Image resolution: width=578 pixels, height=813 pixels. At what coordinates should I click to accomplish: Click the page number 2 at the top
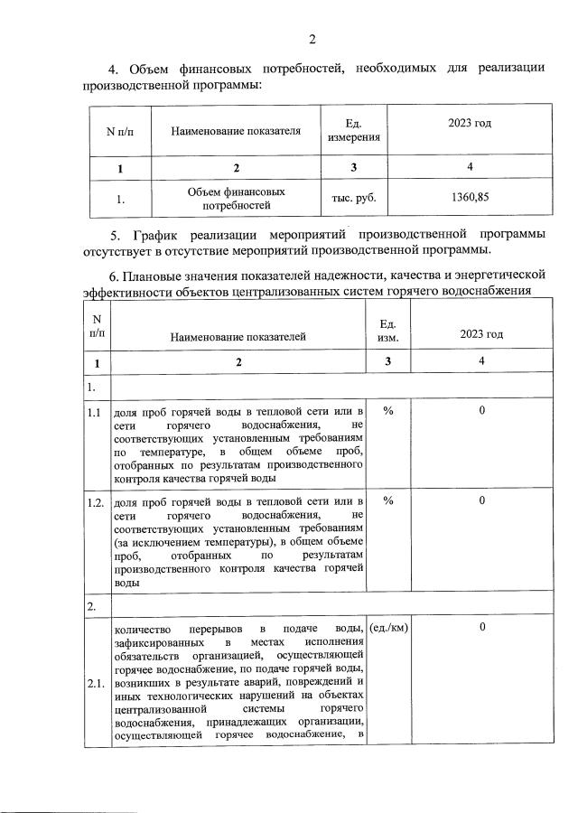click(312, 38)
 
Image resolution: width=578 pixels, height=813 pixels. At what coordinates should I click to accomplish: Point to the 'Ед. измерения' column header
click(354, 130)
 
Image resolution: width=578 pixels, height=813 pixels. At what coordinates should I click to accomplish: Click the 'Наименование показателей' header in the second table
click(236, 336)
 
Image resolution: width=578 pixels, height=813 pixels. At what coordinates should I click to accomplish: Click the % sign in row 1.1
click(387, 411)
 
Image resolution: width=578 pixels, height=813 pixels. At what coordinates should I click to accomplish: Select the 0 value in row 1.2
click(482, 500)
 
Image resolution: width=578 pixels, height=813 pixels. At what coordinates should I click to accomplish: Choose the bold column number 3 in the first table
click(354, 167)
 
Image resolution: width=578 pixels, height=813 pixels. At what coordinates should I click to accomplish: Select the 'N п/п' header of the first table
click(118, 131)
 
